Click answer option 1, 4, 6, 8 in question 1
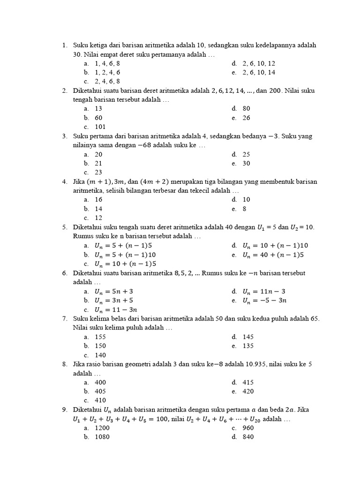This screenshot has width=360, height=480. point(107,63)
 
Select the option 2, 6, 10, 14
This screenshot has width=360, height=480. point(259,72)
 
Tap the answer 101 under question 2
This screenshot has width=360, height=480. point(100,127)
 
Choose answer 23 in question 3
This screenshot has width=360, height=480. point(98,172)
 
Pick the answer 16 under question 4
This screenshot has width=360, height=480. point(98,200)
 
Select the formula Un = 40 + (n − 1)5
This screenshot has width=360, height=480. point(273,255)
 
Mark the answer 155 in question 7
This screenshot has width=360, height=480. point(100,337)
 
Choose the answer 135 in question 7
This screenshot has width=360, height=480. point(248,346)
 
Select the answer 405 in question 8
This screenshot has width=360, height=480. point(100,391)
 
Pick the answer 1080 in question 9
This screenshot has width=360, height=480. point(102,437)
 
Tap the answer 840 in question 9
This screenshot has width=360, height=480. point(248,437)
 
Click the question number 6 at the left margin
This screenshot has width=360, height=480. point(64,273)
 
